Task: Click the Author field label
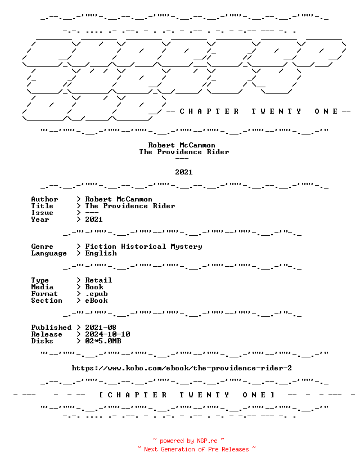[44, 199]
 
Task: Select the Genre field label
[42, 247]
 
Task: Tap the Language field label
[49, 253]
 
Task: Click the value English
[101, 253]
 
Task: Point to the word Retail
[98, 280]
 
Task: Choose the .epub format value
[96, 294]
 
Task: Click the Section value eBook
[96, 301]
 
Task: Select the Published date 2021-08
[101, 328]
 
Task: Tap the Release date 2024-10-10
[107, 334]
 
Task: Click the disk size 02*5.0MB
[103, 341]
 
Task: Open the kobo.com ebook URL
[182, 368]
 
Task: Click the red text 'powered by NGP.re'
[188, 441]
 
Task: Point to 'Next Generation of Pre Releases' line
[196, 449]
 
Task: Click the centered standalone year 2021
[184, 172]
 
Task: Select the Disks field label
[42, 341]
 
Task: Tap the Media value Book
[94, 287]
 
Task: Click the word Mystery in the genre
[186, 247]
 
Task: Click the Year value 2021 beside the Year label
[94, 219]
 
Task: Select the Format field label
[44, 294]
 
